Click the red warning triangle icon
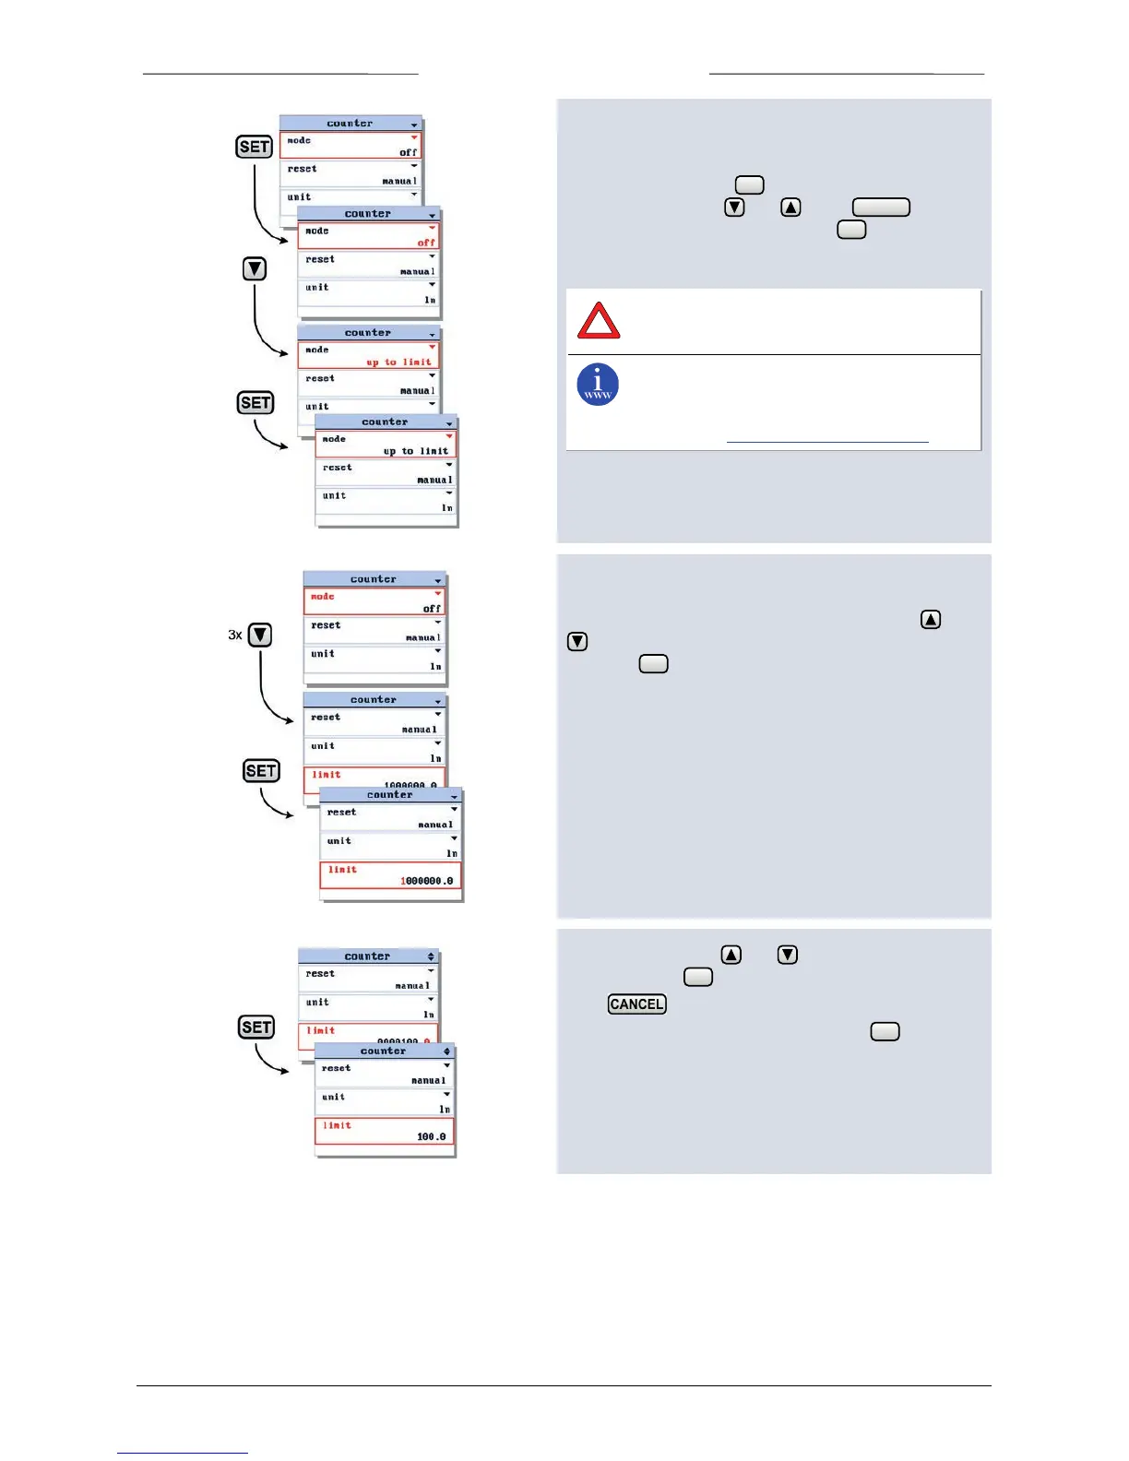pos(599,321)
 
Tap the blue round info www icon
pos(598,385)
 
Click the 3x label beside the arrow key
pos(235,635)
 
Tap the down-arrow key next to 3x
pos(260,635)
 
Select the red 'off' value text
pos(425,243)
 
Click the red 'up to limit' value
pos(398,362)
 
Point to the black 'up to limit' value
pos(416,451)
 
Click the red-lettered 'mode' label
pos(323,597)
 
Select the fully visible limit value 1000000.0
pos(427,881)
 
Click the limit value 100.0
pos(432,1136)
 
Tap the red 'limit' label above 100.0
pos(337,1125)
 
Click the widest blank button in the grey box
pos(881,208)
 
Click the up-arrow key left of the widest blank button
pos(790,208)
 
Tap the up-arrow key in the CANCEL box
pos(731,955)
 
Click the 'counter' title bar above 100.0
pos(384,1051)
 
